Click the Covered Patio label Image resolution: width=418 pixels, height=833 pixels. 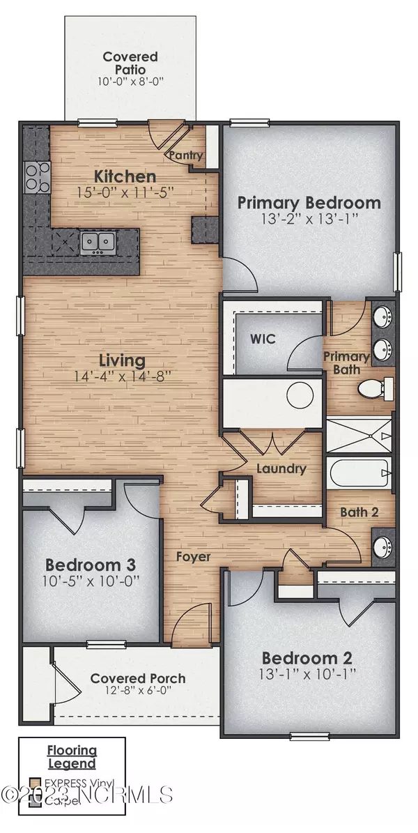click(130, 63)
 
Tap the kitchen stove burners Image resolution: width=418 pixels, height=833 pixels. click(33, 177)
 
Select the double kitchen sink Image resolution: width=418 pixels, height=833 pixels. click(98, 242)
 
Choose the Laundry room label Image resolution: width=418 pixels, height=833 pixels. click(280, 468)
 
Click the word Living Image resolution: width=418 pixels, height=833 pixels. click(121, 360)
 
